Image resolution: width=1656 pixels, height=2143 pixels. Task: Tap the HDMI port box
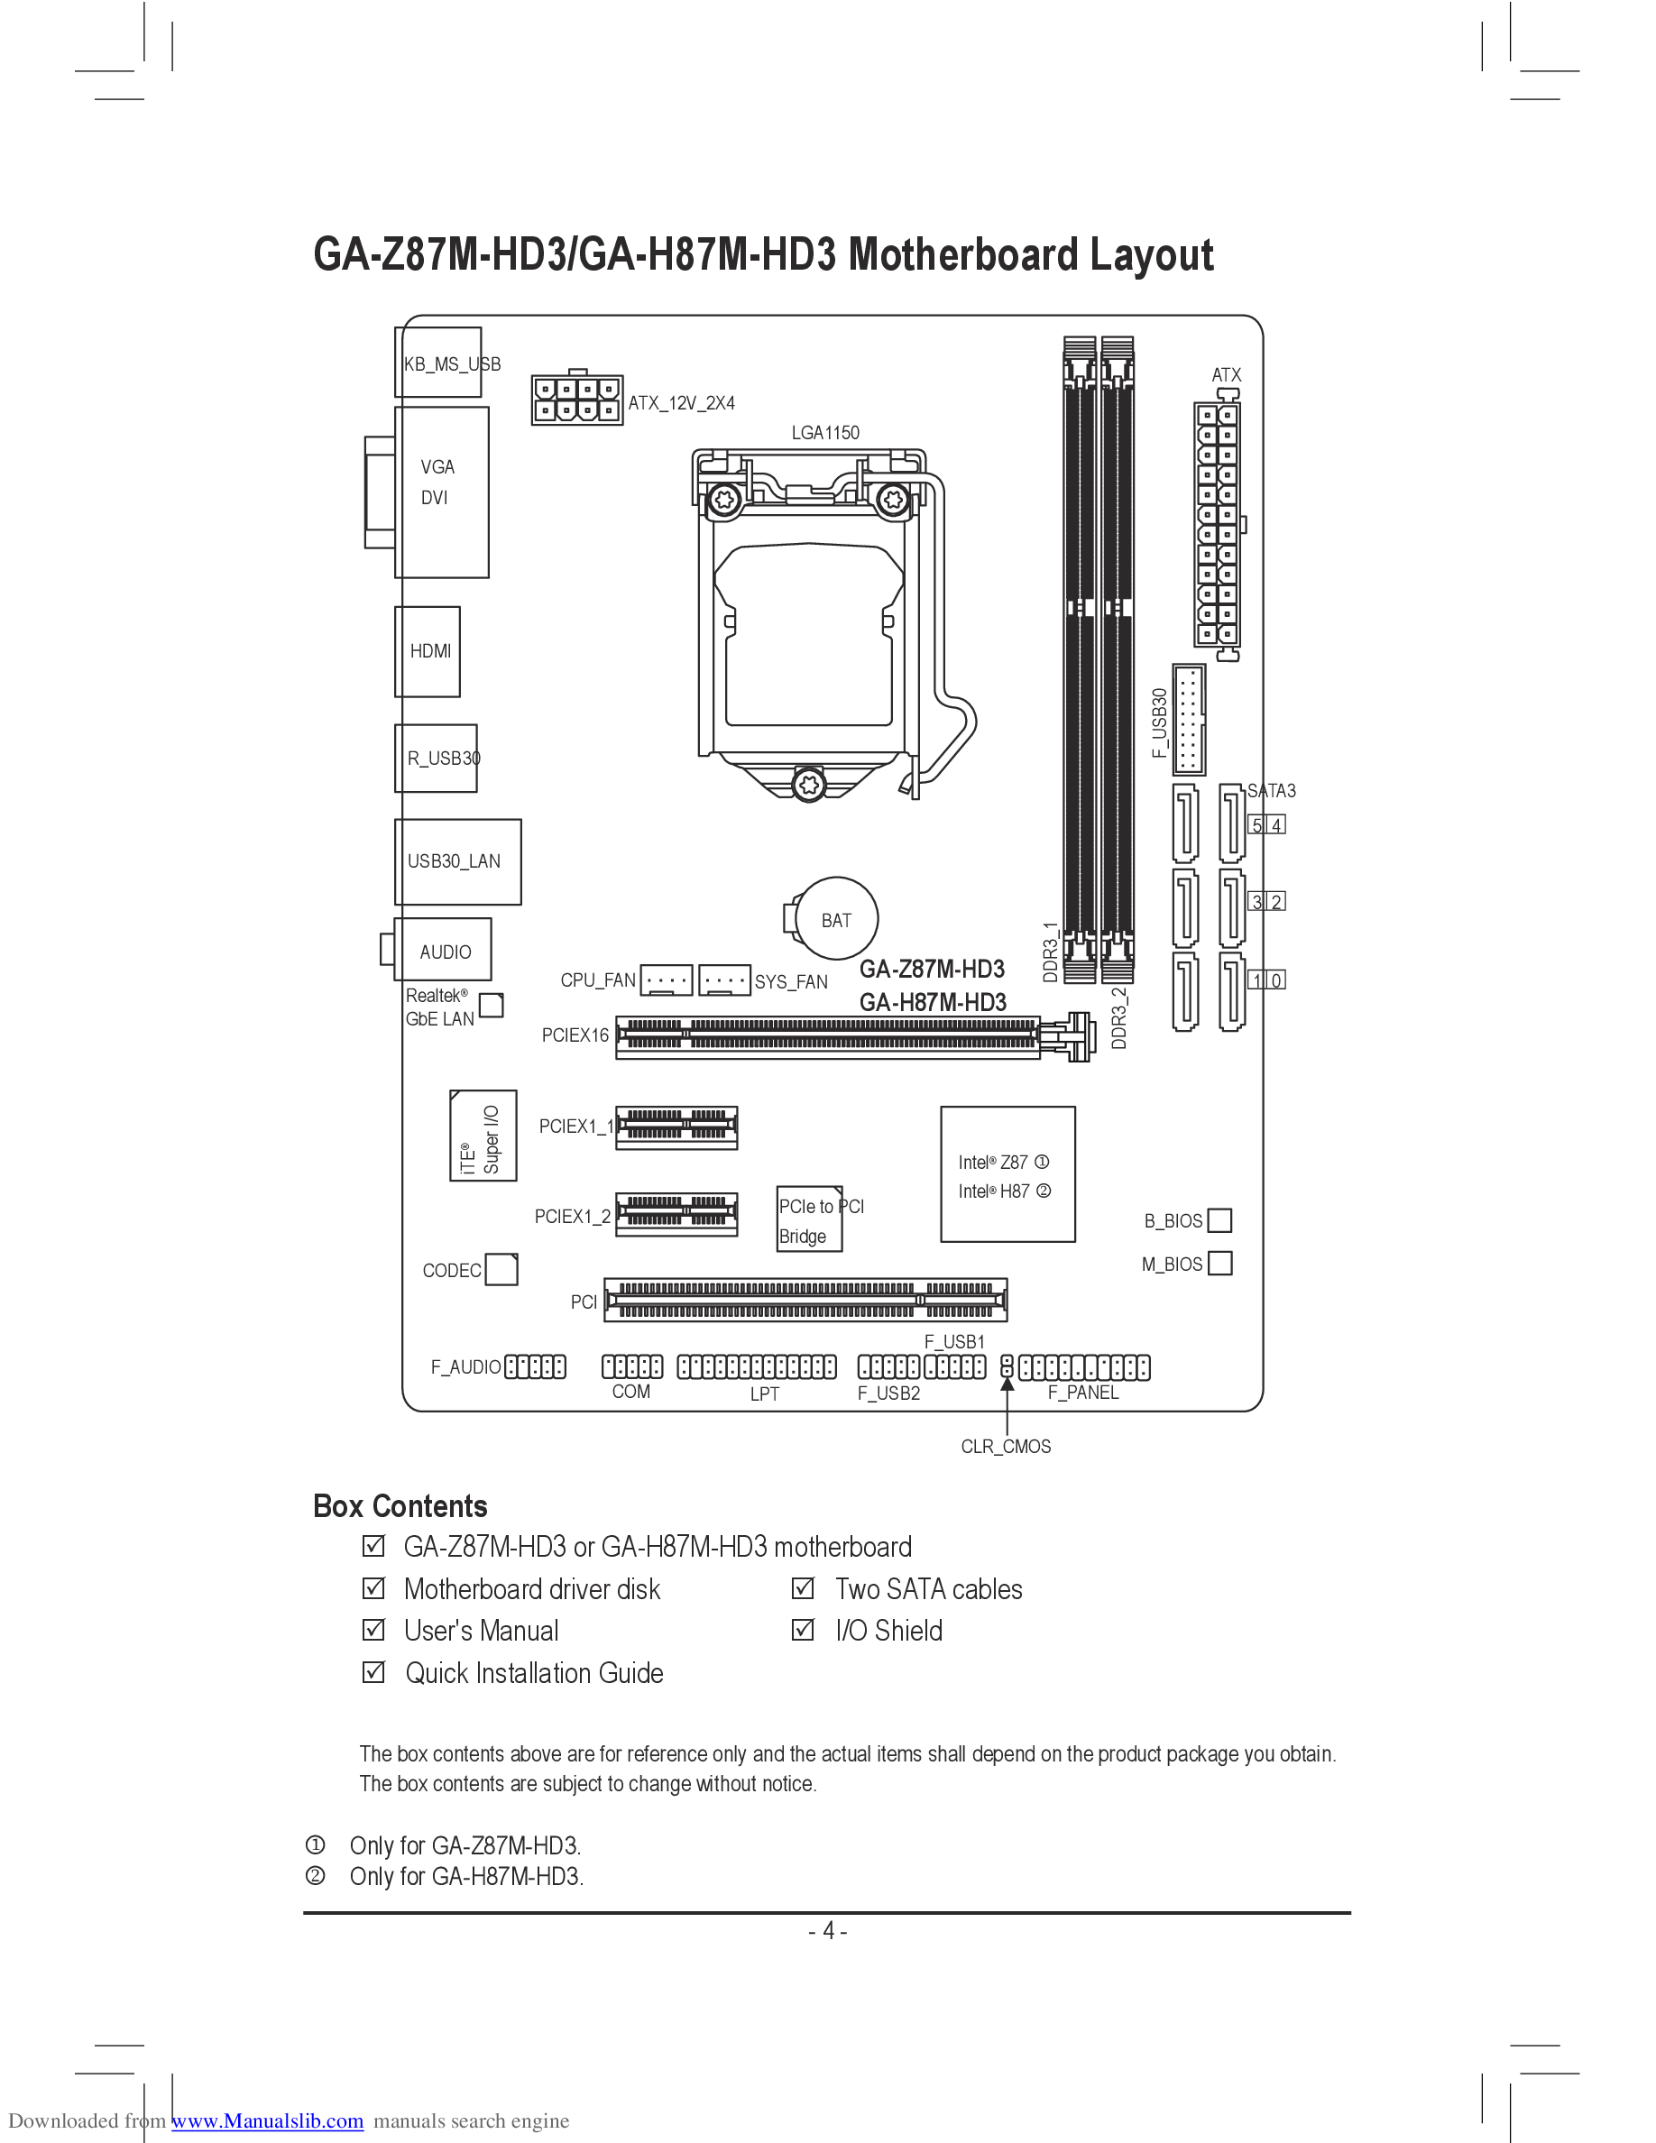coord(428,650)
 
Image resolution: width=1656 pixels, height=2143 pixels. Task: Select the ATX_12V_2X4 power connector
coord(577,400)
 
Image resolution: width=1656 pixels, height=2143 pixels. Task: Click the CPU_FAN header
coord(667,980)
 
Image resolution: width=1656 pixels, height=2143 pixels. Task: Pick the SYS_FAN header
coord(726,980)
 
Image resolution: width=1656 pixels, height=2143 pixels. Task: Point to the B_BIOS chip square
coord(1219,1219)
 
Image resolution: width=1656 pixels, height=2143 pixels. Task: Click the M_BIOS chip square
coord(1219,1263)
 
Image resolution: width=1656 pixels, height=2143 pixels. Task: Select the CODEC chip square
coord(501,1269)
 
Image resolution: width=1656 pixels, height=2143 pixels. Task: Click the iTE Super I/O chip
coord(483,1136)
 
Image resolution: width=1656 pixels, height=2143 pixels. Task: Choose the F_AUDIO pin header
coord(535,1366)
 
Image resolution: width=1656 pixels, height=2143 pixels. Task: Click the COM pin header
coord(631,1366)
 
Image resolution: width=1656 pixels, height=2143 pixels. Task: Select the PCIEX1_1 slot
coord(676,1127)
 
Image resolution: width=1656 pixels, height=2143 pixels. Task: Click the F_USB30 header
coord(1189,719)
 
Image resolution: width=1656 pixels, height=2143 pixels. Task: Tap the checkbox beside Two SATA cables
coord(803,1587)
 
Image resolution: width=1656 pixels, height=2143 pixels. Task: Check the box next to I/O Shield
coord(803,1630)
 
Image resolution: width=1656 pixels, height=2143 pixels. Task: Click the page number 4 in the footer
coord(828,1931)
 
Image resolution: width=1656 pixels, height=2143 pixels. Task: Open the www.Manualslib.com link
coord(268,2120)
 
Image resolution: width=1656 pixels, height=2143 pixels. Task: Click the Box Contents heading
coord(400,1506)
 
